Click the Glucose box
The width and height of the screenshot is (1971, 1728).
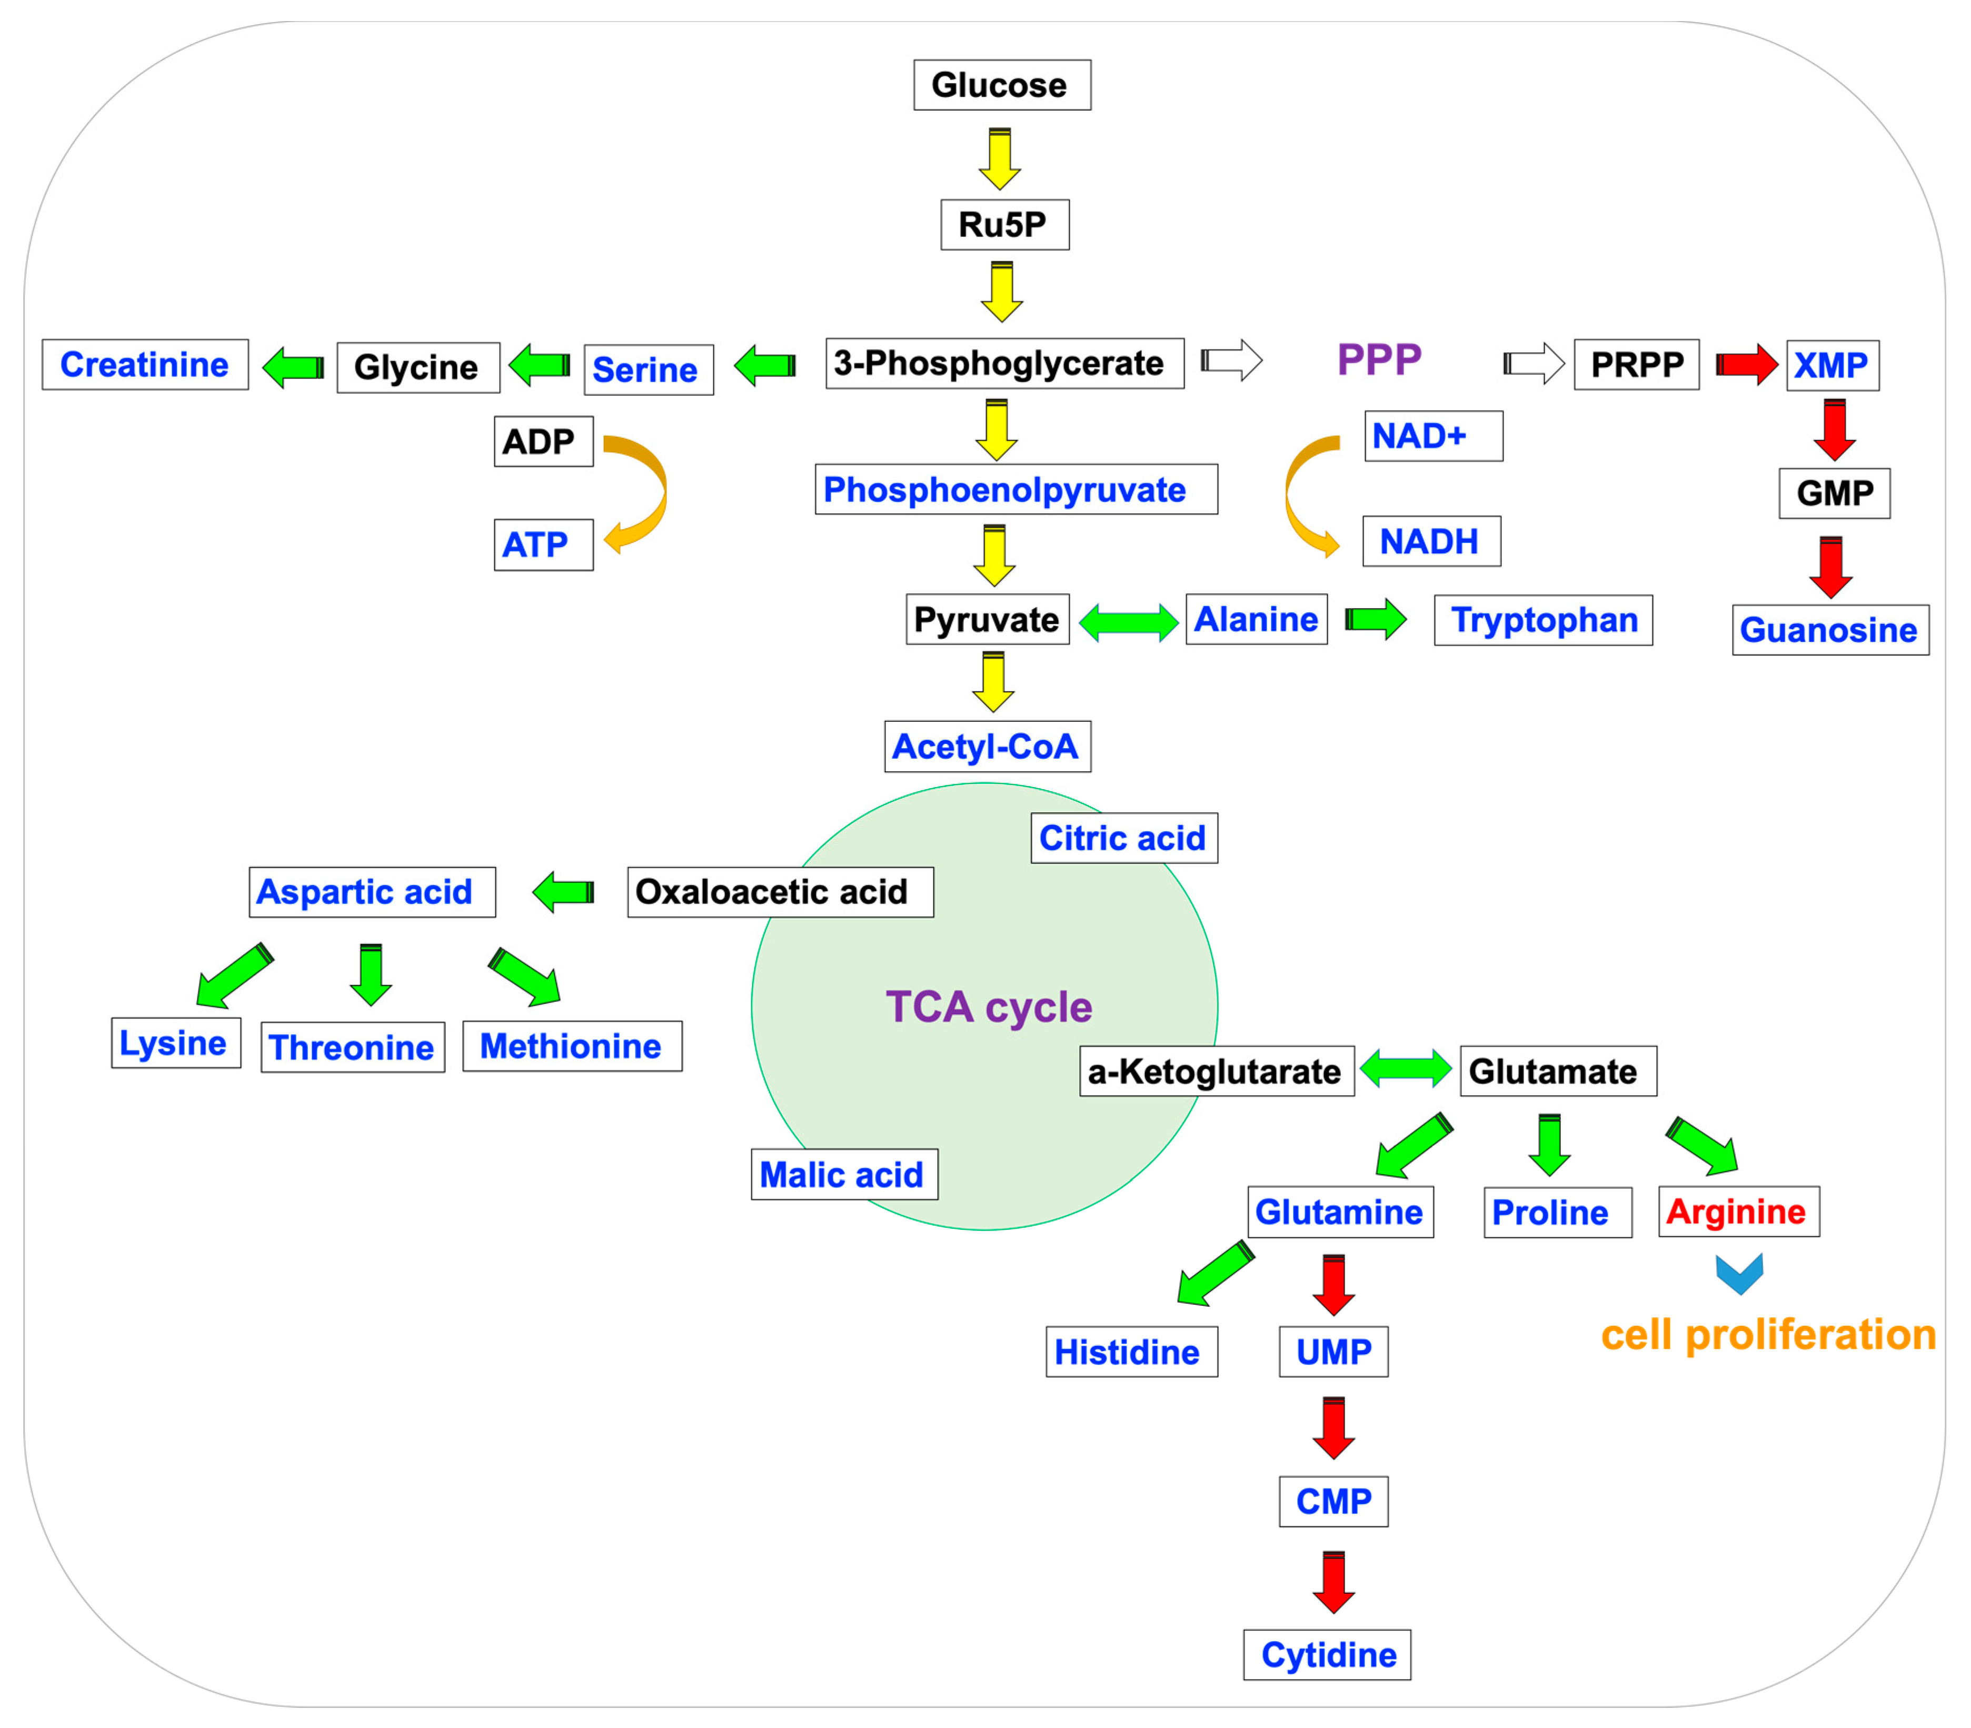click(x=1002, y=85)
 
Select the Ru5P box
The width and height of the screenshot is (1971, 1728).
click(x=1005, y=225)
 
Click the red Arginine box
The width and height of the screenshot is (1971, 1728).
click(x=1738, y=1212)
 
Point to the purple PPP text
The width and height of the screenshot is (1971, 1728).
click(x=1379, y=360)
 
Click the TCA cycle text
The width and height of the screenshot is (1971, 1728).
click(x=988, y=1007)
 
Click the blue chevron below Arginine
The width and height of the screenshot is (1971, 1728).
click(x=1739, y=1273)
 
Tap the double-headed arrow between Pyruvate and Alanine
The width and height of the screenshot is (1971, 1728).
click(x=1128, y=622)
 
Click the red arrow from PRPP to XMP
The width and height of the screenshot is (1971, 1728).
click(x=1746, y=364)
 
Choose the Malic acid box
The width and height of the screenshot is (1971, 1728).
click(x=844, y=1175)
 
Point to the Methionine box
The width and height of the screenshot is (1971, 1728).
click(x=572, y=1046)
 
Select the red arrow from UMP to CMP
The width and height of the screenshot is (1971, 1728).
click(x=1333, y=1427)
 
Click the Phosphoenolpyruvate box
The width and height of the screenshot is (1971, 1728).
click(x=1016, y=490)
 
